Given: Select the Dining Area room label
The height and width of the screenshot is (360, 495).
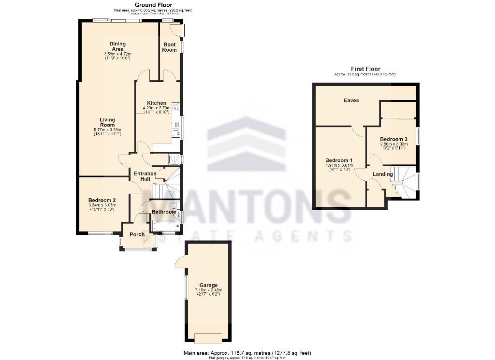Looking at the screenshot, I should click(117, 46).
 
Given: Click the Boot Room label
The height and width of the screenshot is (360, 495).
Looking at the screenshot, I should click(169, 47).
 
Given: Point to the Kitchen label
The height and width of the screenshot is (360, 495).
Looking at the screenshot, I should click(157, 103).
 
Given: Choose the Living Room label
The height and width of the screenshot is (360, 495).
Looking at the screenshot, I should click(107, 122).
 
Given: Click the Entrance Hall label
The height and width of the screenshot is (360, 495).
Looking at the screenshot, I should click(145, 176).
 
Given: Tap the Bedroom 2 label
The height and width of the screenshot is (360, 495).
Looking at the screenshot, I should click(102, 200).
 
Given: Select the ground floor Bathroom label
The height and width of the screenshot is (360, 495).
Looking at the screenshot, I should click(164, 212).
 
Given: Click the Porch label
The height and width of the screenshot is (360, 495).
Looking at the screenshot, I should click(137, 234).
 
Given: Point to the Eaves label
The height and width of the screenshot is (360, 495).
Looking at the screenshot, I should click(351, 101).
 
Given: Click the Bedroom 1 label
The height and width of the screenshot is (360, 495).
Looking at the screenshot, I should click(338, 160).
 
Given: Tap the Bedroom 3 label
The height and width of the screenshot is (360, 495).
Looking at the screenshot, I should click(393, 138).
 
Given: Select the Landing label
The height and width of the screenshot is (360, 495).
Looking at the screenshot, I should click(382, 174).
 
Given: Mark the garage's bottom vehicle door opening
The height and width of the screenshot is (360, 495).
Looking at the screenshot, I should click(208, 337).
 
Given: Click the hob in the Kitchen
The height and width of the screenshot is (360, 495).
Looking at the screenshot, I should click(175, 106).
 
